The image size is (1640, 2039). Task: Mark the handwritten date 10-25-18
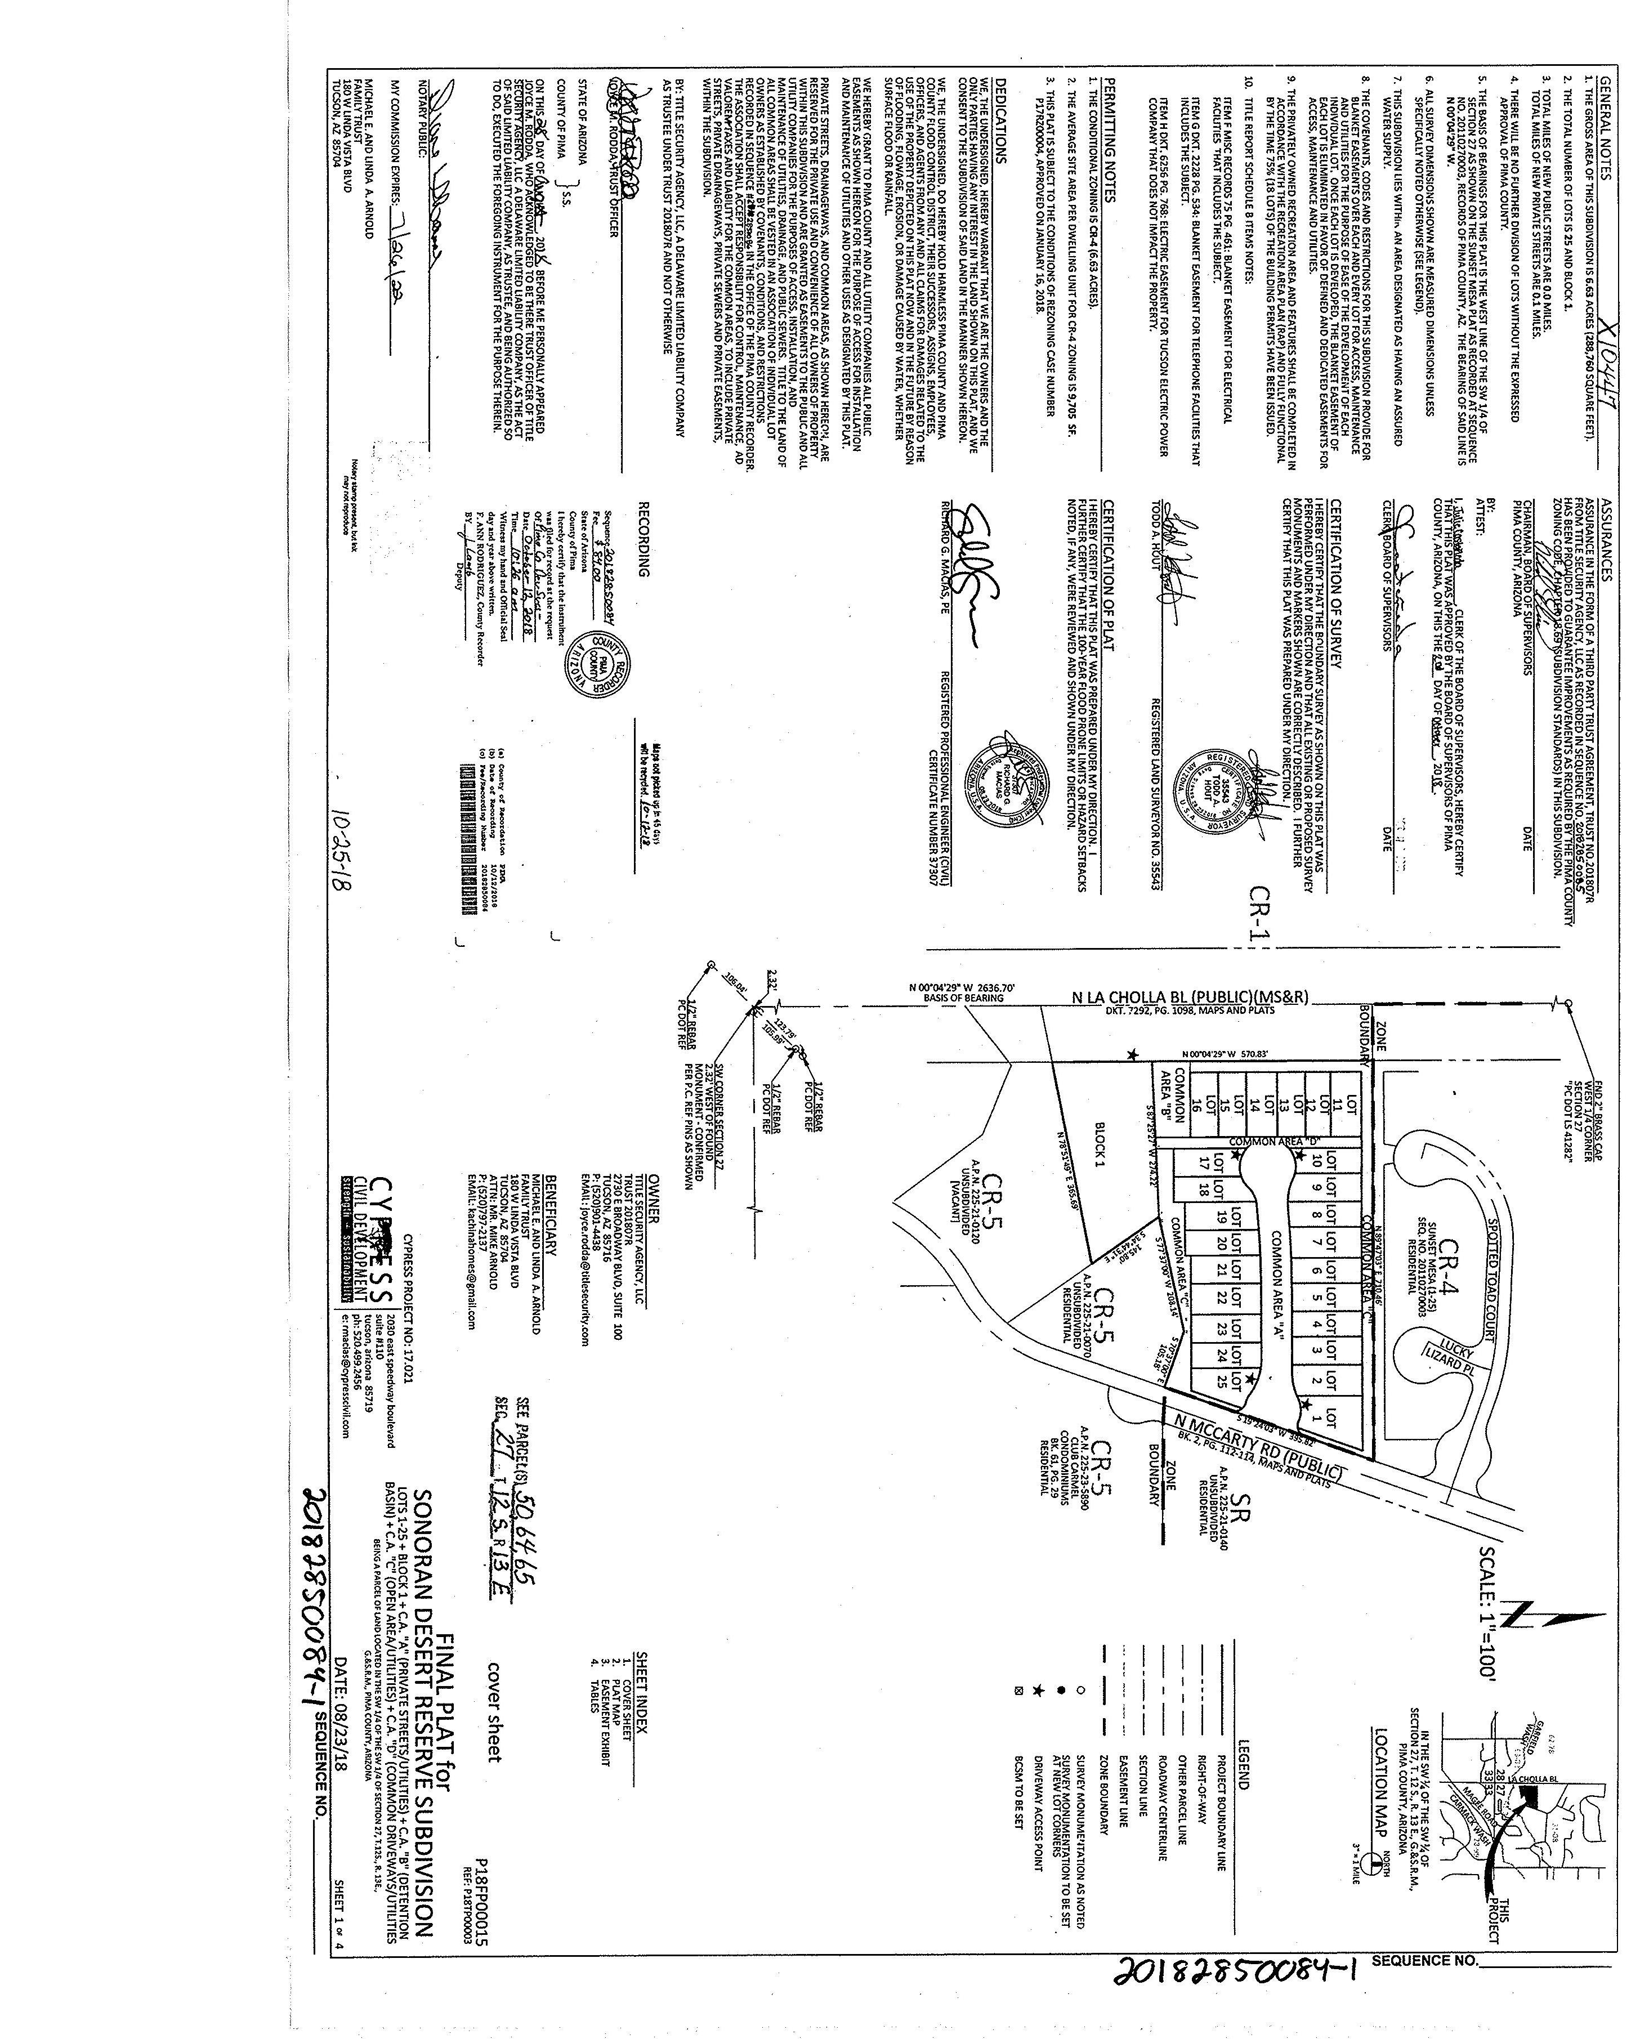(x=361, y=856)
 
